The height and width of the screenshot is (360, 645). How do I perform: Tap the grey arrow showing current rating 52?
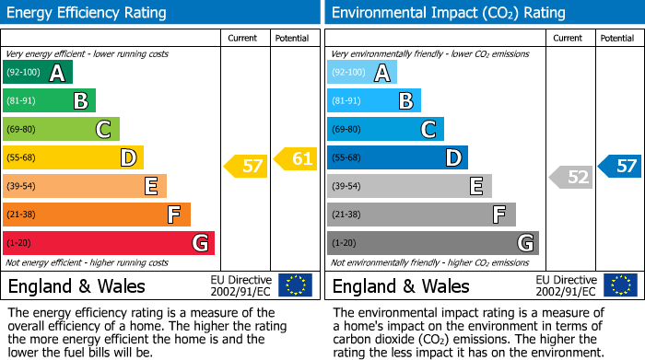(571, 178)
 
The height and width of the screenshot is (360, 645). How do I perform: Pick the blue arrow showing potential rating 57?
(620, 167)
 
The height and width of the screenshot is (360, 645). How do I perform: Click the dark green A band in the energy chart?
(38, 73)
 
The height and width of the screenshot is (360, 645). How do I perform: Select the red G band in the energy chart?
(109, 243)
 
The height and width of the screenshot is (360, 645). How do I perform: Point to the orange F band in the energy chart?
(97, 215)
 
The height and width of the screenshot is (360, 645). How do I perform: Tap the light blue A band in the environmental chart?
(362, 73)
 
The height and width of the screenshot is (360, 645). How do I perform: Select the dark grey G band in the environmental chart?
(432, 243)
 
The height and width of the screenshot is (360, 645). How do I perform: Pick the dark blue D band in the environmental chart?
(397, 158)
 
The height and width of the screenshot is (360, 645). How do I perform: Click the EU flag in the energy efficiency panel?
(296, 285)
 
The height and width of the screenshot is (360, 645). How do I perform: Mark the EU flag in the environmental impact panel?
(620, 285)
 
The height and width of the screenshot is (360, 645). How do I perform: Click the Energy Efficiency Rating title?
(88, 13)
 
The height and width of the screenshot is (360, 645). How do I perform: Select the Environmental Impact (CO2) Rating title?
(448, 13)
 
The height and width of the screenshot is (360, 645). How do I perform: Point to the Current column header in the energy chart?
(244, 38)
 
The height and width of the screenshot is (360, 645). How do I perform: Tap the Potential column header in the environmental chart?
(617, 38)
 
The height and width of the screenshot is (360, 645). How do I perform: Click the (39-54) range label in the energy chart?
(21, 187)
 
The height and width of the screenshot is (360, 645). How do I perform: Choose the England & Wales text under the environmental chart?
(401, 286)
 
